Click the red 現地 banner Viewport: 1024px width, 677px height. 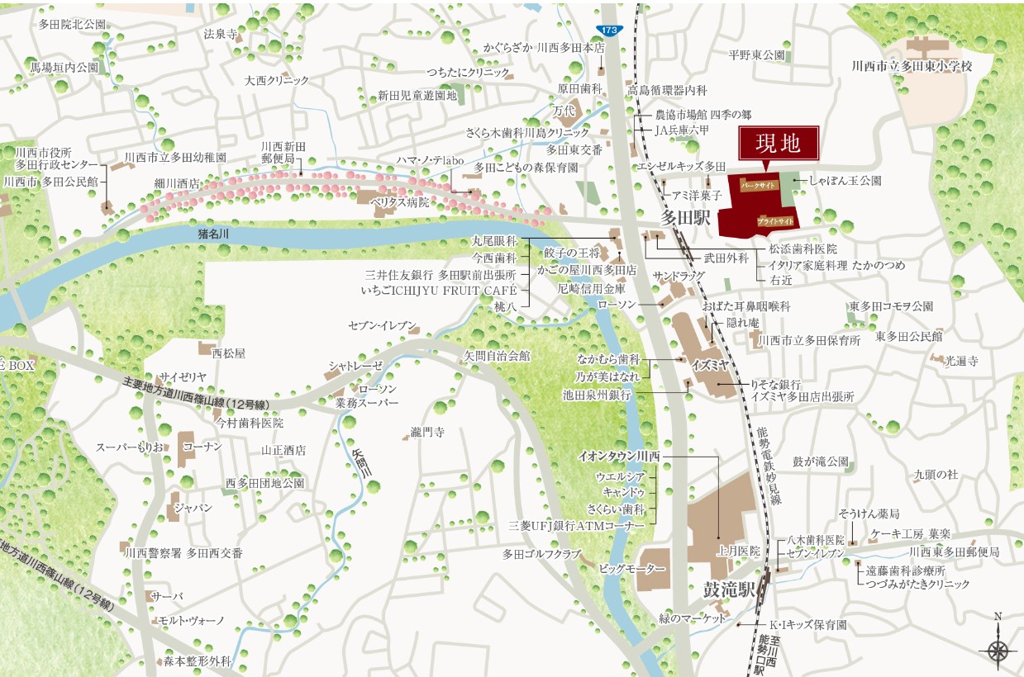tap(779, 144)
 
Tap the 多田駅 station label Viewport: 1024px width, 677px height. tap(686, 218)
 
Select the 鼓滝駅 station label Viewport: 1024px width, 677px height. tap(730, 591)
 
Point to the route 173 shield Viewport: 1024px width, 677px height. tap(609, 30)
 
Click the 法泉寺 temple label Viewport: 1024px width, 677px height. tap(220, 35)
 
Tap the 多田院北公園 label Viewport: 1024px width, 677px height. tap(73, 24)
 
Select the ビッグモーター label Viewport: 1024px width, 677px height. tap(631, 570)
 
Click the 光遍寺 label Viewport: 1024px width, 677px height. tap(962, 360)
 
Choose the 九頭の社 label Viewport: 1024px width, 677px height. tap(935, 474)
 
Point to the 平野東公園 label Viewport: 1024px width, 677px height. tap(755, 55)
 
